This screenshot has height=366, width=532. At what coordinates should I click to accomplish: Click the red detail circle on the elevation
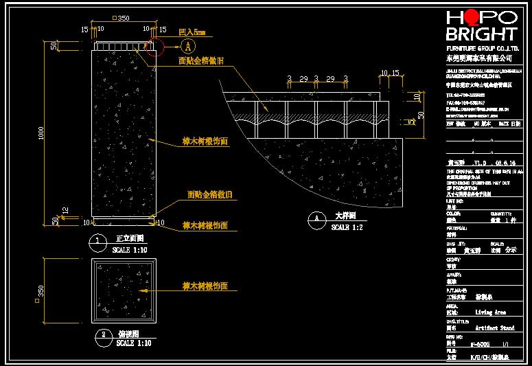[x=154, y=47]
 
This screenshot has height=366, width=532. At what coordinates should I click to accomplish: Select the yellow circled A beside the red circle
[x=188, y=47]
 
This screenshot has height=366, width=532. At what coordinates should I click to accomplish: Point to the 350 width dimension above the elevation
[x=122, y=19]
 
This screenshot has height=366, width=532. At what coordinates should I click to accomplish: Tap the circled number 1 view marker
[x=100, y=241]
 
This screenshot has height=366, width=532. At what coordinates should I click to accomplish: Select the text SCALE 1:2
[x=347, y=227]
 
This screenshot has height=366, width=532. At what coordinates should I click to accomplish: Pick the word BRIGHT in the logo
[x=481, y=34]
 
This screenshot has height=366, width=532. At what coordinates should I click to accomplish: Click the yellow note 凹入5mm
[x=192, y=32]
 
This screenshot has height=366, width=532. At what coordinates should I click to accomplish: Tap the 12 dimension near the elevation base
[x=65, y=209]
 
